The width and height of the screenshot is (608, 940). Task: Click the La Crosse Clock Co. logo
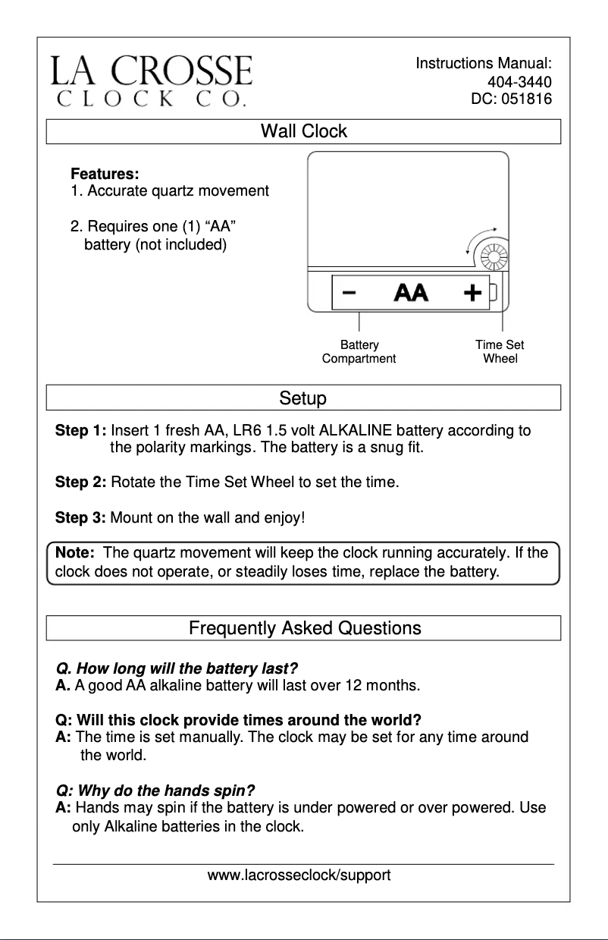[151, 80]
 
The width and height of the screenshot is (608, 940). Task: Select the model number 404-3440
[519, 82]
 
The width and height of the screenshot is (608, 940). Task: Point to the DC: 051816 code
[512, 99]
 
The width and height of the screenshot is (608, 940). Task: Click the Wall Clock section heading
[303, 131]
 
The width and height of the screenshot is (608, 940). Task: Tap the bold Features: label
[105, 174]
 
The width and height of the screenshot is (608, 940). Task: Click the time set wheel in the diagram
[494, 259]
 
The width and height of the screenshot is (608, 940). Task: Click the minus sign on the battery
[349, 293]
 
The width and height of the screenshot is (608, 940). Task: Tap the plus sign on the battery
[472, 293]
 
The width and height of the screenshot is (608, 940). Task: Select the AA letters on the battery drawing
[410, 293]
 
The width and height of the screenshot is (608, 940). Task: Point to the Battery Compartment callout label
[359, 352]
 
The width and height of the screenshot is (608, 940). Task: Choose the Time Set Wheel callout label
[500, 352]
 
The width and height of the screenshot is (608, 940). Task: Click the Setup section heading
[302, 398]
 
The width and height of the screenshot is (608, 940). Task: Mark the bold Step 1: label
[80, 432]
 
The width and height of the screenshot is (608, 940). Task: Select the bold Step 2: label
[80, 482]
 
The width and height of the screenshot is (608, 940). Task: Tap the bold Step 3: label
[80, 518]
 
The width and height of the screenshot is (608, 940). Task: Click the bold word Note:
[74, 553]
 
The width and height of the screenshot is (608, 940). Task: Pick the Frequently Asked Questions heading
[304, 628]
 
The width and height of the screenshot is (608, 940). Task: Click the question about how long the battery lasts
[177, 669]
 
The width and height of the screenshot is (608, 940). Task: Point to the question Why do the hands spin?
[155, 790]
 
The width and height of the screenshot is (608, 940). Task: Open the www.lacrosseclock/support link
[299, 876]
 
